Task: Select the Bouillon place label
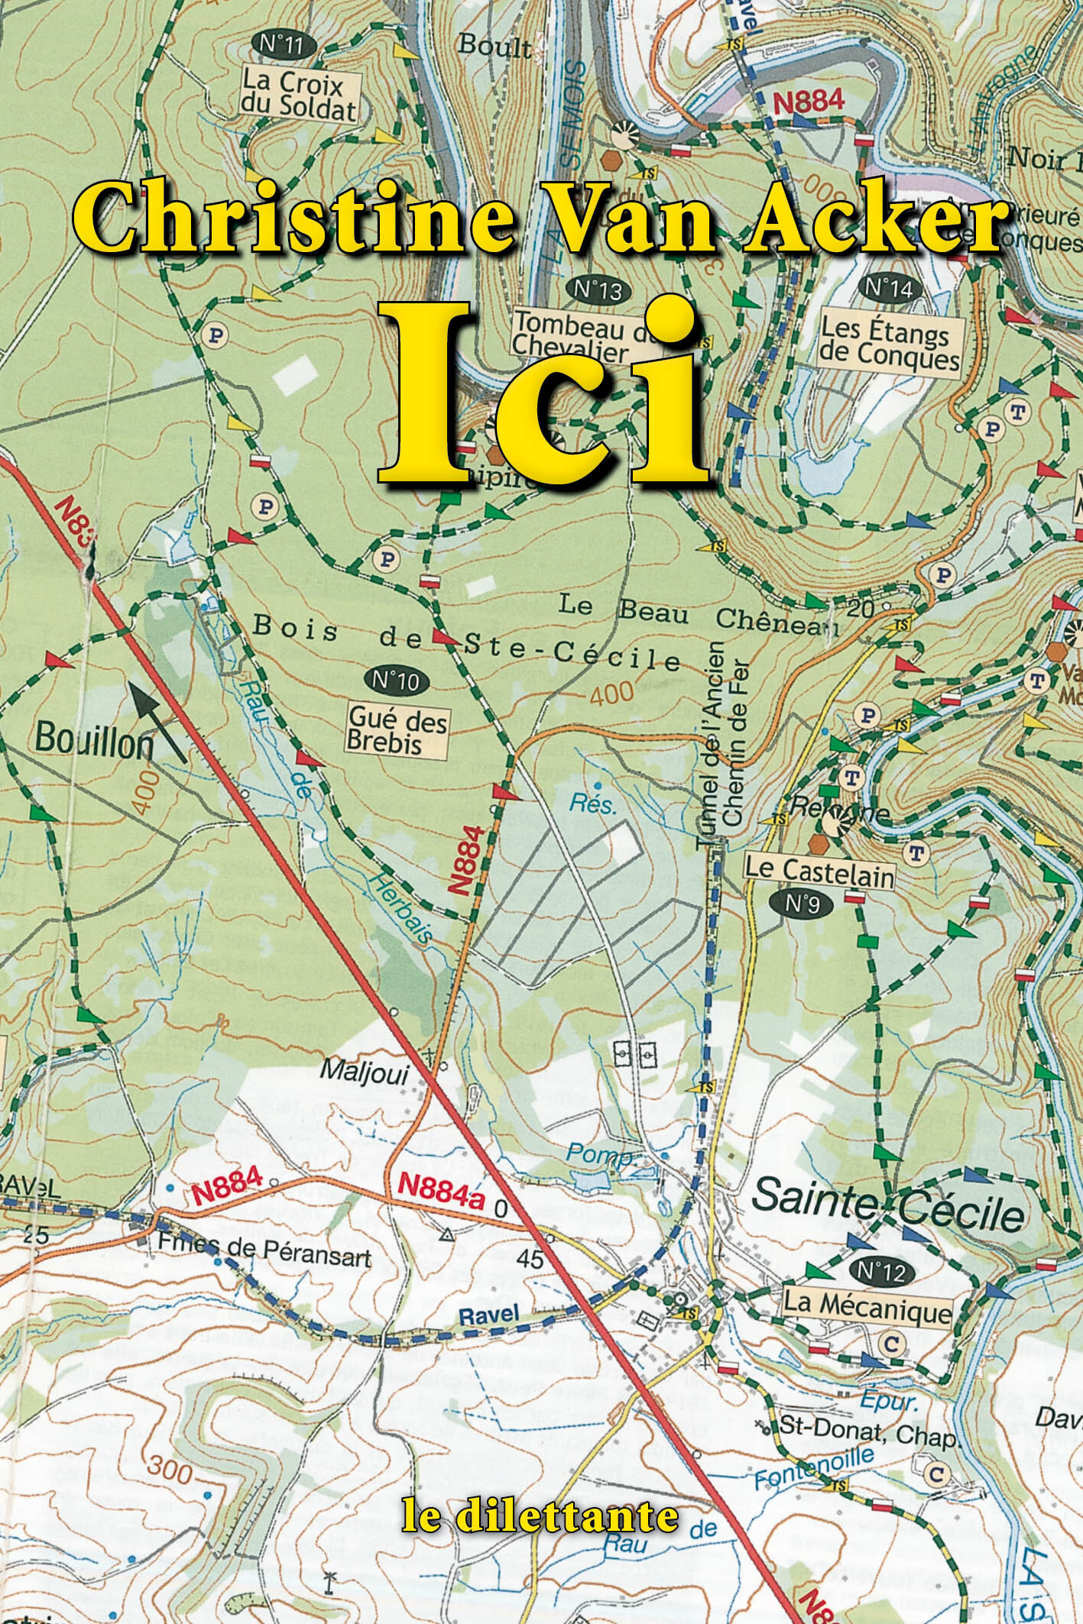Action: click(94, 739)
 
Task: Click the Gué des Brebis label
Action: click(397, 730)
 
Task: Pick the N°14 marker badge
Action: click(888, 289)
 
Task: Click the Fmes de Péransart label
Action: click(264, 1252)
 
